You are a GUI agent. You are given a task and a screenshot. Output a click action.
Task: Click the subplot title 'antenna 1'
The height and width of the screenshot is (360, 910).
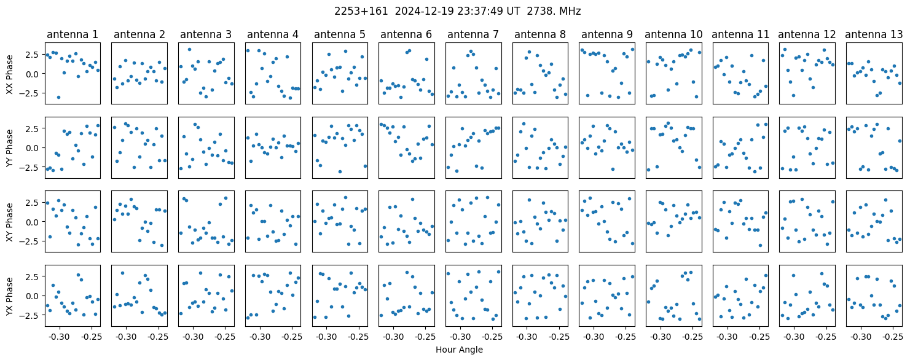73,34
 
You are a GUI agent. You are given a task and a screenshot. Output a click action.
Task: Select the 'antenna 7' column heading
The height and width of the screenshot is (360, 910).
473,34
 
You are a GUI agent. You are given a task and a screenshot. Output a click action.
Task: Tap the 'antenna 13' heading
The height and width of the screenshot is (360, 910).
874,34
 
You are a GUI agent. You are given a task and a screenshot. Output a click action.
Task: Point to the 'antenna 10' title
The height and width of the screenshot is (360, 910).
673,34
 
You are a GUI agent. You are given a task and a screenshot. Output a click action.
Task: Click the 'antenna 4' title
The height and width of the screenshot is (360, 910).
273,34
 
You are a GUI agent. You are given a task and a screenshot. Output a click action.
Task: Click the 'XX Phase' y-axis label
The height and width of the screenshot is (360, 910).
10,74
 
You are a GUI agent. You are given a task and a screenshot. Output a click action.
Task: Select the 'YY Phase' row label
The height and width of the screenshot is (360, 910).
10,148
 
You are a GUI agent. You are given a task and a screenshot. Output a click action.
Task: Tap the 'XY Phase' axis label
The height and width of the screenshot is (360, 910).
10,222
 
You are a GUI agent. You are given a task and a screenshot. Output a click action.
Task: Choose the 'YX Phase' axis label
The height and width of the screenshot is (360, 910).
10,296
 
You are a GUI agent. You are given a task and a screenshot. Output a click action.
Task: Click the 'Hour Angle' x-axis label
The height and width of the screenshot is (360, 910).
459,350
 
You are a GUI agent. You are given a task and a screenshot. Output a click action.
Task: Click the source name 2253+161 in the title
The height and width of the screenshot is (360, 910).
361,11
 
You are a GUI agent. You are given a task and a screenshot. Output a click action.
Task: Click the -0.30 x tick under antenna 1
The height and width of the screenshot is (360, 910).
60,337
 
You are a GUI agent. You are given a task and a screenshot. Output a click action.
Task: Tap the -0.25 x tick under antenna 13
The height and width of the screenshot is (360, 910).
893,337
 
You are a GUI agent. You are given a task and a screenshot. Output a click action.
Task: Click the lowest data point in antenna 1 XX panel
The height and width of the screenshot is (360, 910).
58,98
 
